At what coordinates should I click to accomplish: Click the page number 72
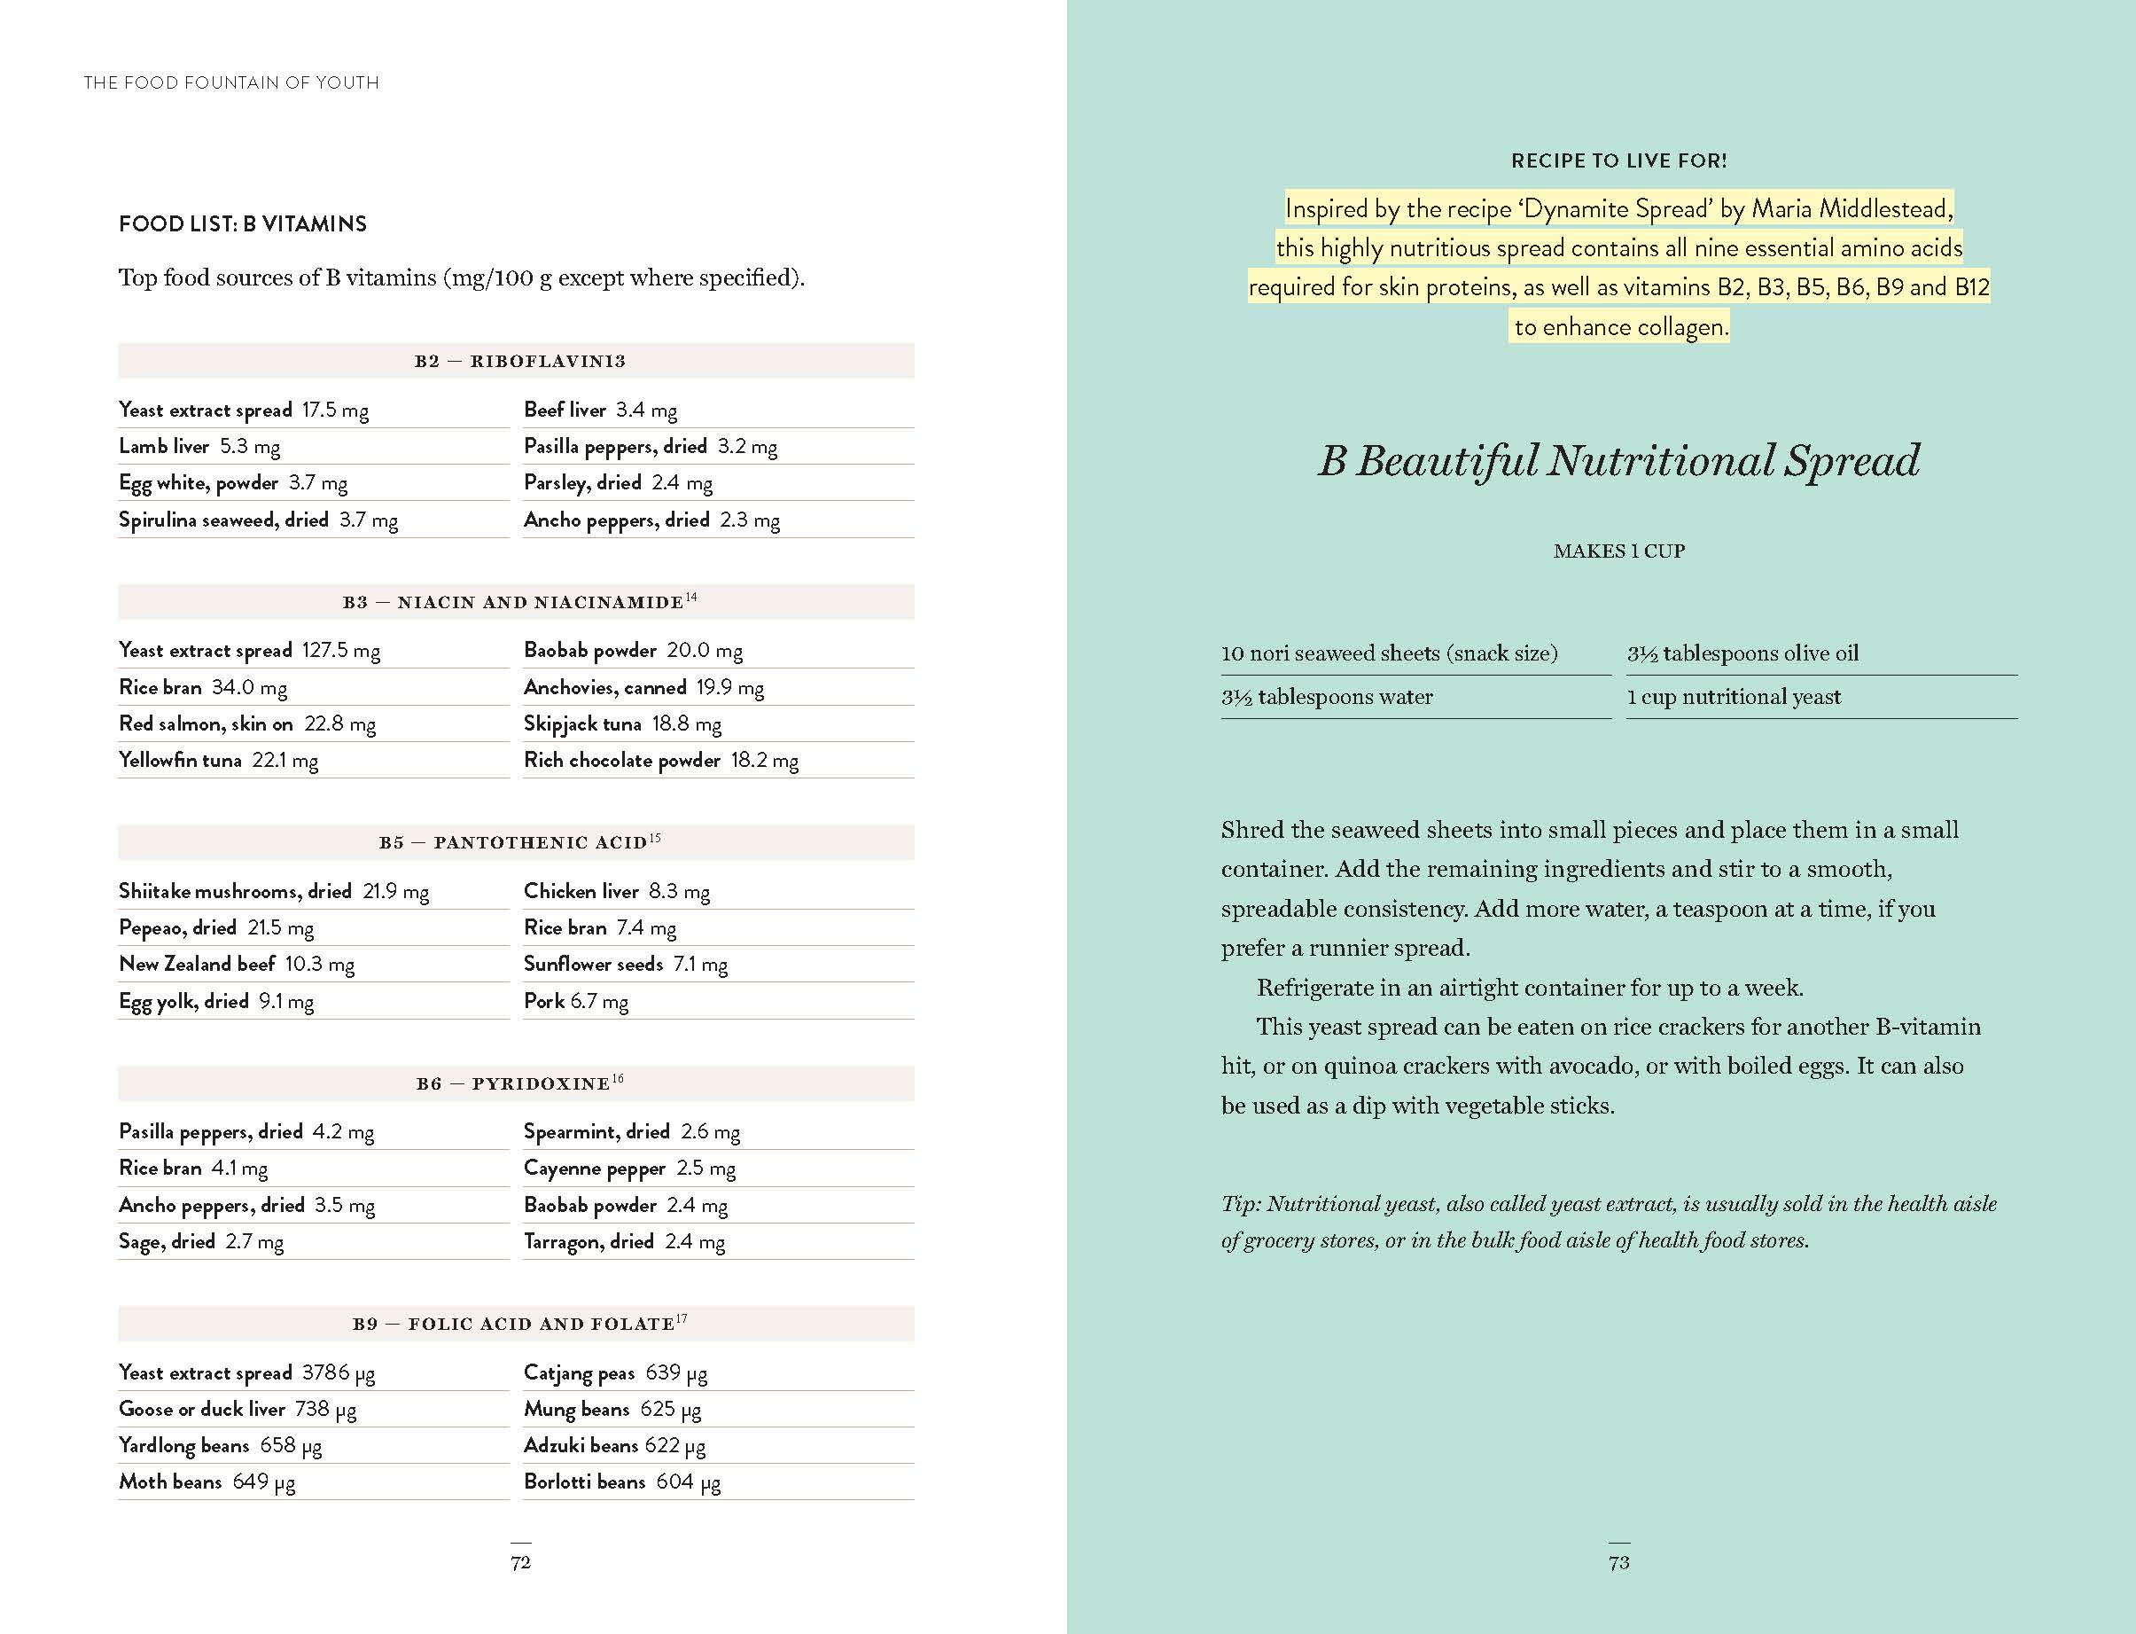[520, 1562]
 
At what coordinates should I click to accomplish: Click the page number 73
[1618, 1562]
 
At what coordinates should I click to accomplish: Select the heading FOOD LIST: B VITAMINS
[242, 223]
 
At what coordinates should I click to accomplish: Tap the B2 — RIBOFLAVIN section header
[519, 361]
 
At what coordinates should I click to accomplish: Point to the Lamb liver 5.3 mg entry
[199, 447]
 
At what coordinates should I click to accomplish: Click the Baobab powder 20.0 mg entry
[633, 650]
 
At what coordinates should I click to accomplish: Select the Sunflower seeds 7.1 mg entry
[625, 964]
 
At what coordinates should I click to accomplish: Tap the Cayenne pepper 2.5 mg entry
[629, 1169]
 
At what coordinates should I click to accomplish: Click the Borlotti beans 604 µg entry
[622, 1482]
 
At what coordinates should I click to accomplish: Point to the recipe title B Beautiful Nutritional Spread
[1618, 460]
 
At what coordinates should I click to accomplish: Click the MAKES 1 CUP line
[1618, 551]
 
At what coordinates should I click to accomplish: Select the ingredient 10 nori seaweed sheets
[1388, 653]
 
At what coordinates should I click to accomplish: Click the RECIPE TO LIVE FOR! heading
[1618, 160]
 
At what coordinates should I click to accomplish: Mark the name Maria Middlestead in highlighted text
[1851, 208]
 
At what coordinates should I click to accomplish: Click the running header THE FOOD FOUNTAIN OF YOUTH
[231, 82]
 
